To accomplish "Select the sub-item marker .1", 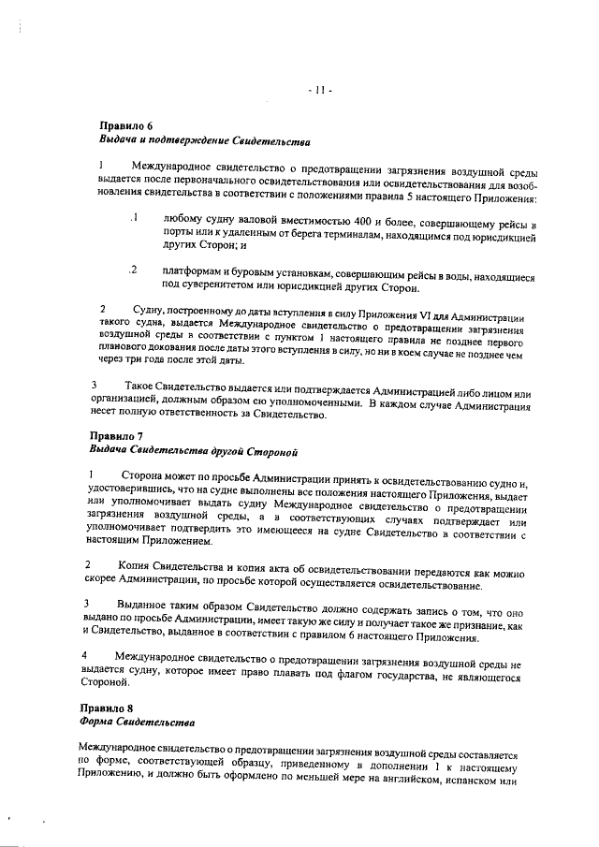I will point(135,219).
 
